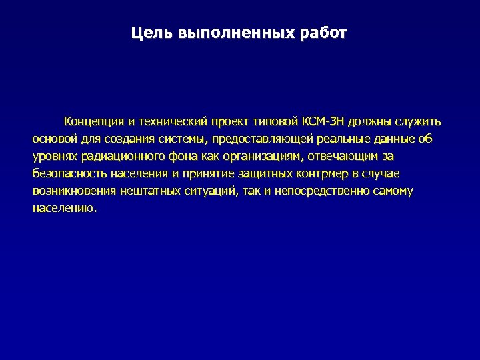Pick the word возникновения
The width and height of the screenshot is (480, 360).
pos(74,191)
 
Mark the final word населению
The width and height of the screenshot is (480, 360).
pos(64,208)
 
